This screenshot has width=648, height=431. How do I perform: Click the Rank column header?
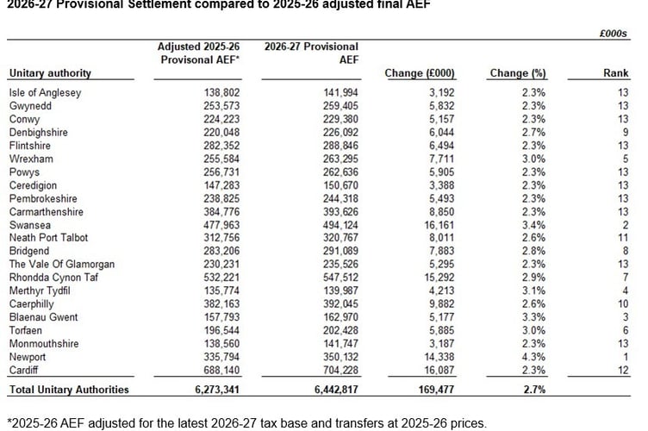coord(615,73)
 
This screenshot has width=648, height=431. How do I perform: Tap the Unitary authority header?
coord(50,73)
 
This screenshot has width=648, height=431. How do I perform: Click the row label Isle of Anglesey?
coord(46,91)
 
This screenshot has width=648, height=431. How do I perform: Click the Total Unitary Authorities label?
coord(69,390)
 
